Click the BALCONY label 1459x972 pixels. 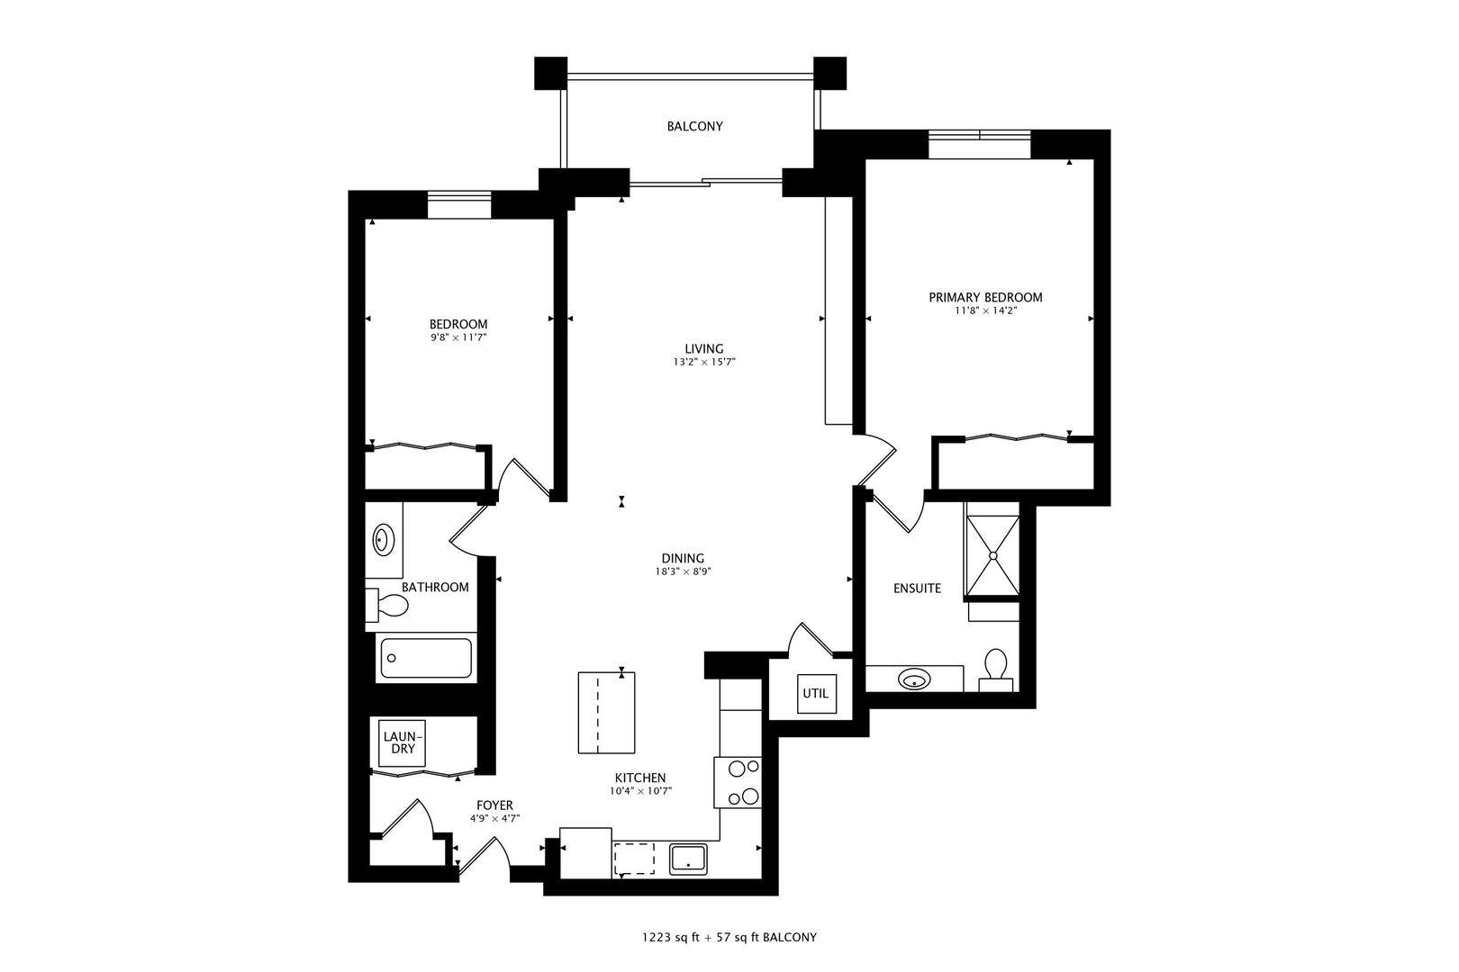point(694,127)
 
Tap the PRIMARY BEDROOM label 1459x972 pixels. point(985,297)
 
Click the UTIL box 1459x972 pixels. point(816,694)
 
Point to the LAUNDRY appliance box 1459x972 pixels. point(401,743)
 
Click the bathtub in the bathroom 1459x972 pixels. point(426,659)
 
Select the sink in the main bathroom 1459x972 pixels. point(384,540)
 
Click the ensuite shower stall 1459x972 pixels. point(992,555)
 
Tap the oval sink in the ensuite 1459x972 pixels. point(915,679)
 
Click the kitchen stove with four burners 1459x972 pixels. point(739,782)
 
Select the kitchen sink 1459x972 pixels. point(689,859)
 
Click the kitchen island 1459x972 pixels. point(605,712)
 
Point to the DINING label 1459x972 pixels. point(683,558)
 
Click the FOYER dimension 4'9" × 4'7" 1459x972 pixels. point(494,818)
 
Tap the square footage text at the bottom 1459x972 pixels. point(729,937)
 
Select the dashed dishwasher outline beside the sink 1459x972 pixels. point(635,859)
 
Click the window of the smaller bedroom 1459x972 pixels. point(458,205)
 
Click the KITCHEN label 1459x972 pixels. point(640,778)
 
